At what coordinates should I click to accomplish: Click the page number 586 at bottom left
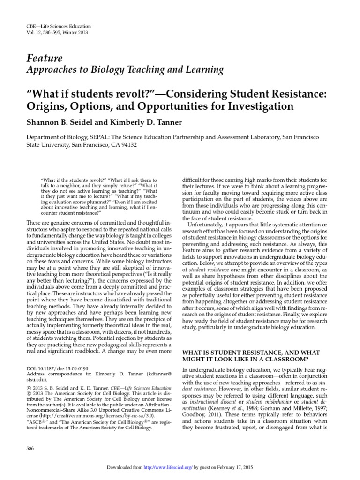click(32, 449)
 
